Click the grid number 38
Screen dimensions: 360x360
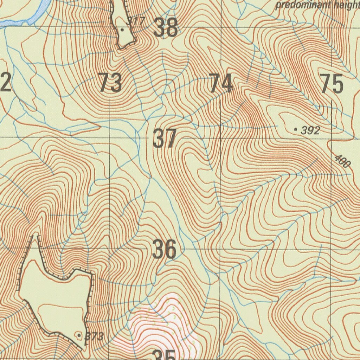point(165,28)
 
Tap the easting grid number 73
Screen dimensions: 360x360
point(110,83)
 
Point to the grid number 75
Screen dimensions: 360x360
point(332,84)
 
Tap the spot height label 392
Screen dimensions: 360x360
point(311,131)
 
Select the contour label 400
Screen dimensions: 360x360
point(342,161)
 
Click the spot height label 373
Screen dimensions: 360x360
point(95,336)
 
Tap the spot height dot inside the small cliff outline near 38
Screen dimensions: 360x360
point(122,30)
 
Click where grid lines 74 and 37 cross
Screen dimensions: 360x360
point(221,138)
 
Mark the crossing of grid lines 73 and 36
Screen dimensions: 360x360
point(110,248)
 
